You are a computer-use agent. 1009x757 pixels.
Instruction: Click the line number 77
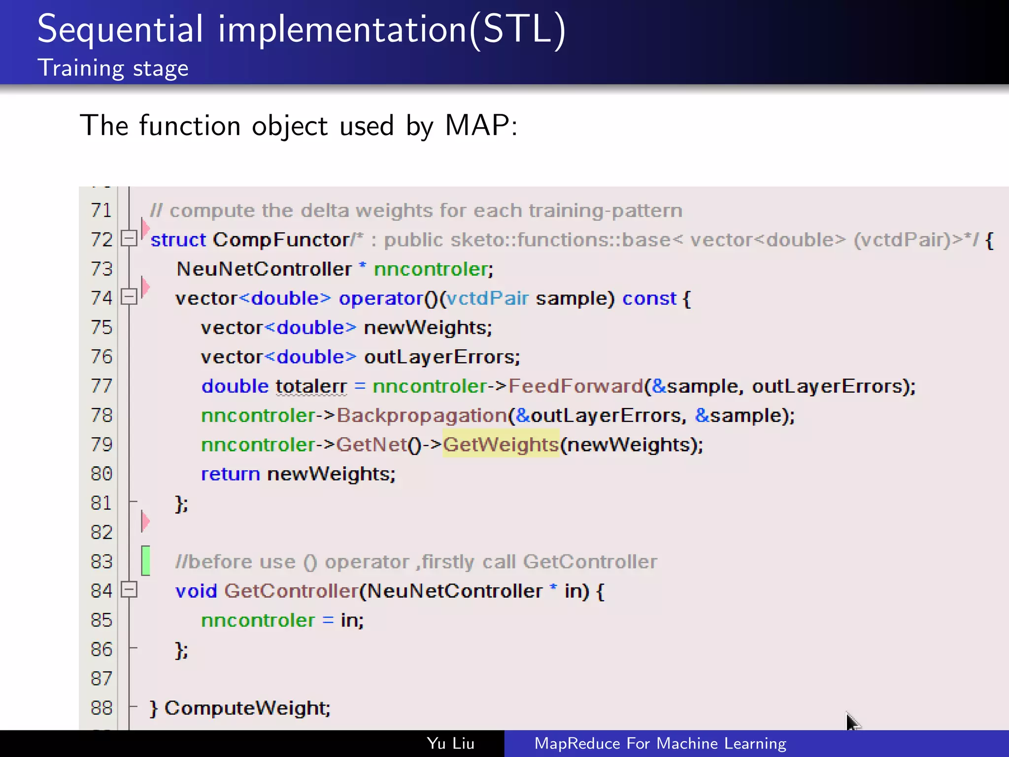click(101, 386)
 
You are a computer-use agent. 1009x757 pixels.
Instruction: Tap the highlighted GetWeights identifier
click(501, 445)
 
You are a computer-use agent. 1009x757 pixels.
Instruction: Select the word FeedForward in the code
click(575, 386)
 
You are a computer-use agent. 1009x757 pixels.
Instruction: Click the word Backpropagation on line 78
click(422, 415)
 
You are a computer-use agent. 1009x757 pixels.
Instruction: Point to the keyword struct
click(178, 240)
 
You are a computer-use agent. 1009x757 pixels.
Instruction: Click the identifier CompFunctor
click(281, 240)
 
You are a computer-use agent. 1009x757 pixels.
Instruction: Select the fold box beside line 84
click(129, 589)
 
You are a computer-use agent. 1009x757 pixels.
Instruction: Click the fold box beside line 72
click(129, 239)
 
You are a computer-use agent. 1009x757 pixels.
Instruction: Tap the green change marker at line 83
click(145, 560)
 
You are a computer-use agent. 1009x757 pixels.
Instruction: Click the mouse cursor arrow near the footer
click(852, 722)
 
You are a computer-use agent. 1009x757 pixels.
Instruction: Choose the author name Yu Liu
click(450, 743)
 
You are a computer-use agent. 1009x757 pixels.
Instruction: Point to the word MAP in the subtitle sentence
click(476, 125)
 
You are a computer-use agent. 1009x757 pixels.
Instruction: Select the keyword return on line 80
click(230, 474)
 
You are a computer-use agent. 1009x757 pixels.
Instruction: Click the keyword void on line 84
click(196, 591)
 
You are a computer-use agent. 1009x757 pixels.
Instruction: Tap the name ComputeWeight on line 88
click(246, 708)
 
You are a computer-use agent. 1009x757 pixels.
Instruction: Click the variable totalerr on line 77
click(311, 386)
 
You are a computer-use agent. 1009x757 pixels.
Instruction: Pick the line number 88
click(101, 708)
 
